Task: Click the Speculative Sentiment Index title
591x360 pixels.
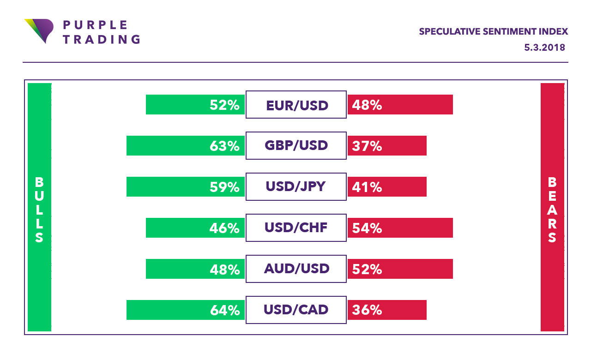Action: tap(493, 31)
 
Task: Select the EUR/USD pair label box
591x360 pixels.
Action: tap(296, 105)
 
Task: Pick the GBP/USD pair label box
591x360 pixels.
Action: tap(296, 146)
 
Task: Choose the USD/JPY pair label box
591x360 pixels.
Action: tap(296, 187)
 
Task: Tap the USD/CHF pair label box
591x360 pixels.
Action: tap(296, 228)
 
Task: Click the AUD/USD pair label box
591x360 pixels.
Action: tap(296, 269)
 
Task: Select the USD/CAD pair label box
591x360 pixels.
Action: tap(296, 310)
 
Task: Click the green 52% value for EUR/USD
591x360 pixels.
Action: tap(224, 105)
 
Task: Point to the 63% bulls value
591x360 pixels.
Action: tap(224, 146)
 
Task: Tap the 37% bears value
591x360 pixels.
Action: tap(367, 146)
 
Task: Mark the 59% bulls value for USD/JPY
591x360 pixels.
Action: tap(224, 187)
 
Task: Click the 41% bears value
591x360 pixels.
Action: tap(367, 187)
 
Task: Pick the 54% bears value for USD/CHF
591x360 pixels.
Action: tap(367, 228)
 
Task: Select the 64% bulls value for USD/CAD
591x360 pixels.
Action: tap(224, 310)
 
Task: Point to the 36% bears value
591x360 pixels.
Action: tap(367, 310)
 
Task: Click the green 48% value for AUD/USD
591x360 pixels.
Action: tap(224, 269)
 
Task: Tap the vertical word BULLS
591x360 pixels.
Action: tap(39, 210)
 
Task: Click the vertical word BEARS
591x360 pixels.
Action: tap(552, 210)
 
